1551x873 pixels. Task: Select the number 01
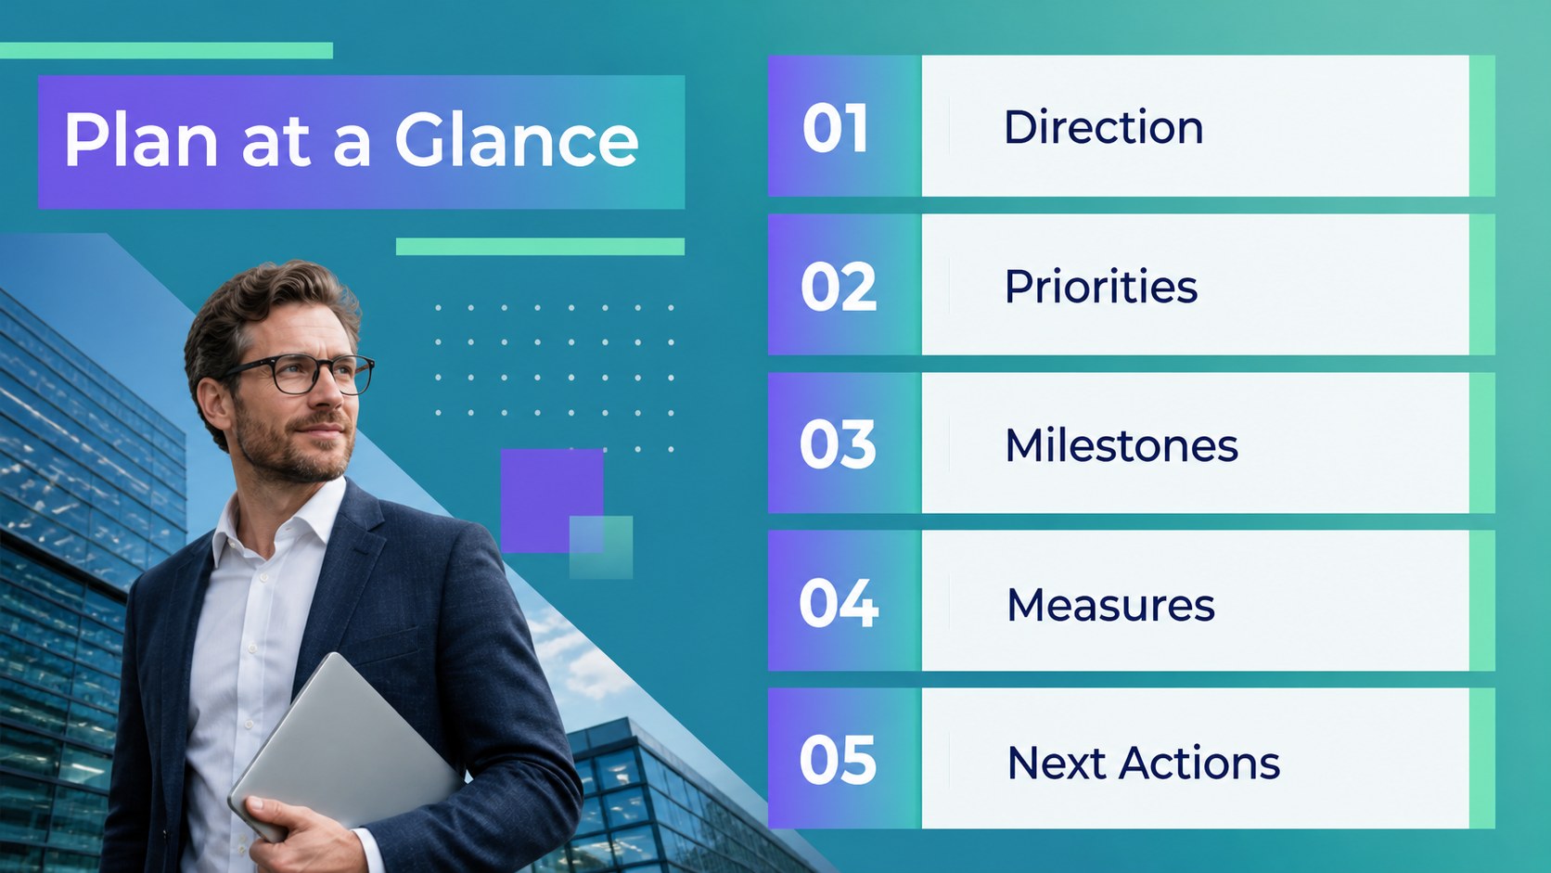[835, 128]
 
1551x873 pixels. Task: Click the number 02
[839, 286]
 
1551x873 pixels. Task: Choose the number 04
[839, 603]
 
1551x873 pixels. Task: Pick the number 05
[838, 760]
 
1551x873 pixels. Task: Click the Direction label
[1104, 127]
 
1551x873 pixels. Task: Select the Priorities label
[1101, 286]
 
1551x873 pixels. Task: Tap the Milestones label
[1122, 444]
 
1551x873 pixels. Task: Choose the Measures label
[1110, 604]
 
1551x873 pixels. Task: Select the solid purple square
[552, 501]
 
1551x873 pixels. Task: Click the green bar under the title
[540, 247]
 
